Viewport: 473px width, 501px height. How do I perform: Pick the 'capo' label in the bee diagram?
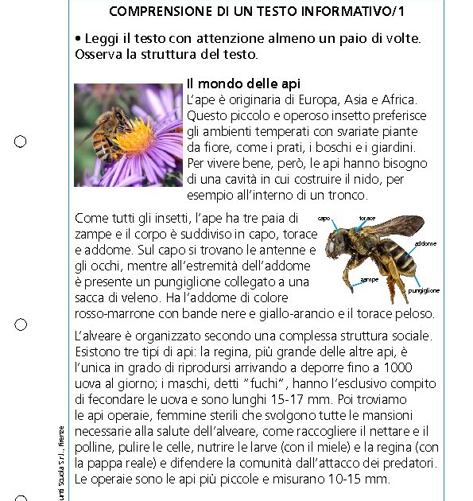[324, 218]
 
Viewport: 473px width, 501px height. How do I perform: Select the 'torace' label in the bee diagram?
[366, 218]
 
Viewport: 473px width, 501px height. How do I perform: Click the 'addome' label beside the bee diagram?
[425, 243]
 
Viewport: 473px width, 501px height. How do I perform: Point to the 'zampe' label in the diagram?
[369, 280]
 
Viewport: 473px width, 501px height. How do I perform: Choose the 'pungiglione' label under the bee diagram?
[424, 291]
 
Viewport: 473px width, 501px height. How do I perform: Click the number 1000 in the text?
[397, 367]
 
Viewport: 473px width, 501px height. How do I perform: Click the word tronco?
[347, 195]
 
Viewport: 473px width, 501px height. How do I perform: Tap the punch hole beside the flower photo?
[21, 142]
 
